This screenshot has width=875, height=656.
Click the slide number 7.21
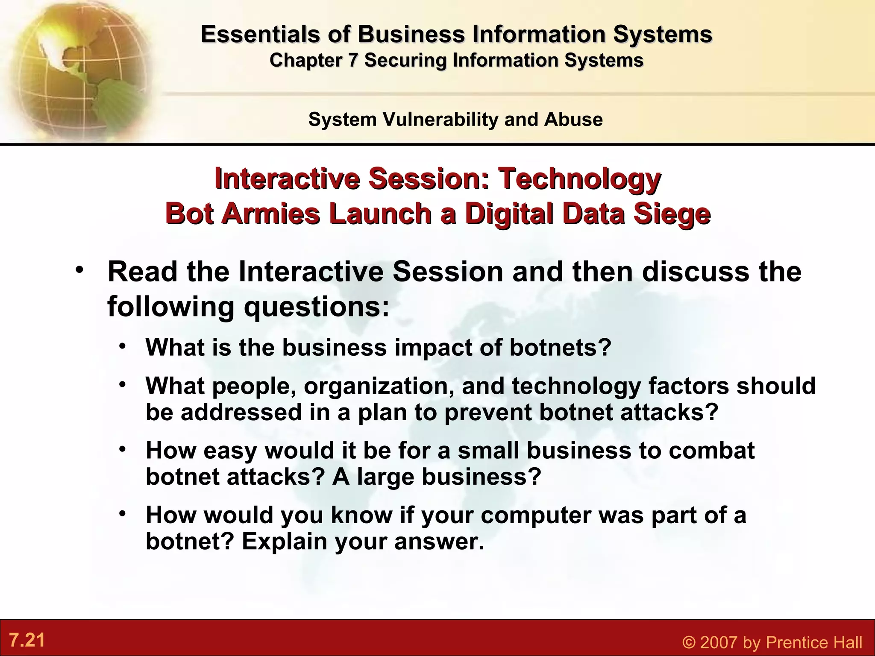(x=27, y=641)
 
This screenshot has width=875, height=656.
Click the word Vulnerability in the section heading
(x=440, y=119)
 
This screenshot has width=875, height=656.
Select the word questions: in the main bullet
(x=317, y=306)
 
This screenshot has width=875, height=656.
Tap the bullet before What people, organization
(x=123, y=384)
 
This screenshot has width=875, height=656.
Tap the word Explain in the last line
(x=285, y=542)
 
